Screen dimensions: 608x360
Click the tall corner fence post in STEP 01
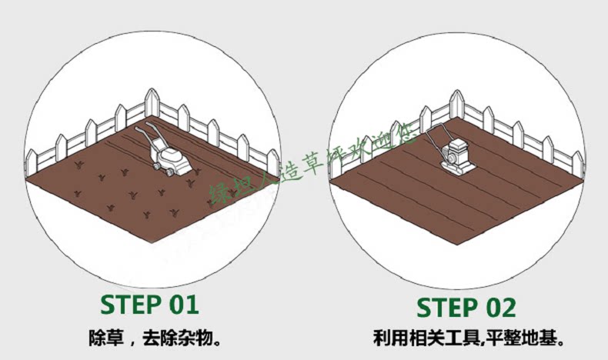pyautogui.click(x=152, y=104)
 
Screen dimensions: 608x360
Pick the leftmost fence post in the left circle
pyautogui.click(x=32, y=162)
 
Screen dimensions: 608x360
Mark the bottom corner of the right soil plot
pyautogui.click(x=457, y=245)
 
